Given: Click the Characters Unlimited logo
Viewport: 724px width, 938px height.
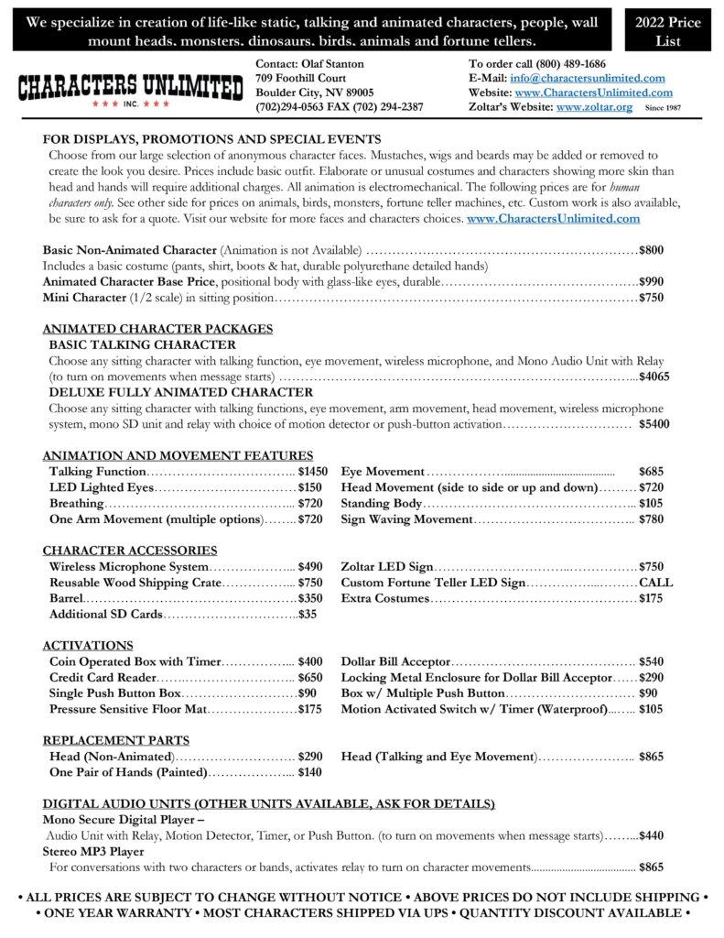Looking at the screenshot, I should pos(131,89).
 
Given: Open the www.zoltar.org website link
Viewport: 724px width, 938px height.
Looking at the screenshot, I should pos(594,107).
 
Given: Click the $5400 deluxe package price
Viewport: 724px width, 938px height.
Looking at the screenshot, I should pos(654,424).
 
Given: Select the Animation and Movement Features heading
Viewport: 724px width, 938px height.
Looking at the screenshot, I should pos(178,455).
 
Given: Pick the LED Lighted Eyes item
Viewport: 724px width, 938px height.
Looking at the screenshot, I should pos(102,487).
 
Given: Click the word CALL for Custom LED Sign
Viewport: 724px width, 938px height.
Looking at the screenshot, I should pos(656,583).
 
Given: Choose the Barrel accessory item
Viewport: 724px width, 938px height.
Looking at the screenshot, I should pos(67,598).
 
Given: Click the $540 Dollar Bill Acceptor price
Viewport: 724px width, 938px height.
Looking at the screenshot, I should pos(651,661).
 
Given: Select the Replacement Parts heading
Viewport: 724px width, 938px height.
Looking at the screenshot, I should pos(116,740).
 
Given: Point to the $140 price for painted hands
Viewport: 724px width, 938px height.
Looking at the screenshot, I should pos(310,772).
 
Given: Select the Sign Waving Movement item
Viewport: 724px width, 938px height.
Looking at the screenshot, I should pos(407,519).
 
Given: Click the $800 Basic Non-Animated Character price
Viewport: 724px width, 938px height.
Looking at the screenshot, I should pos(651,249).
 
